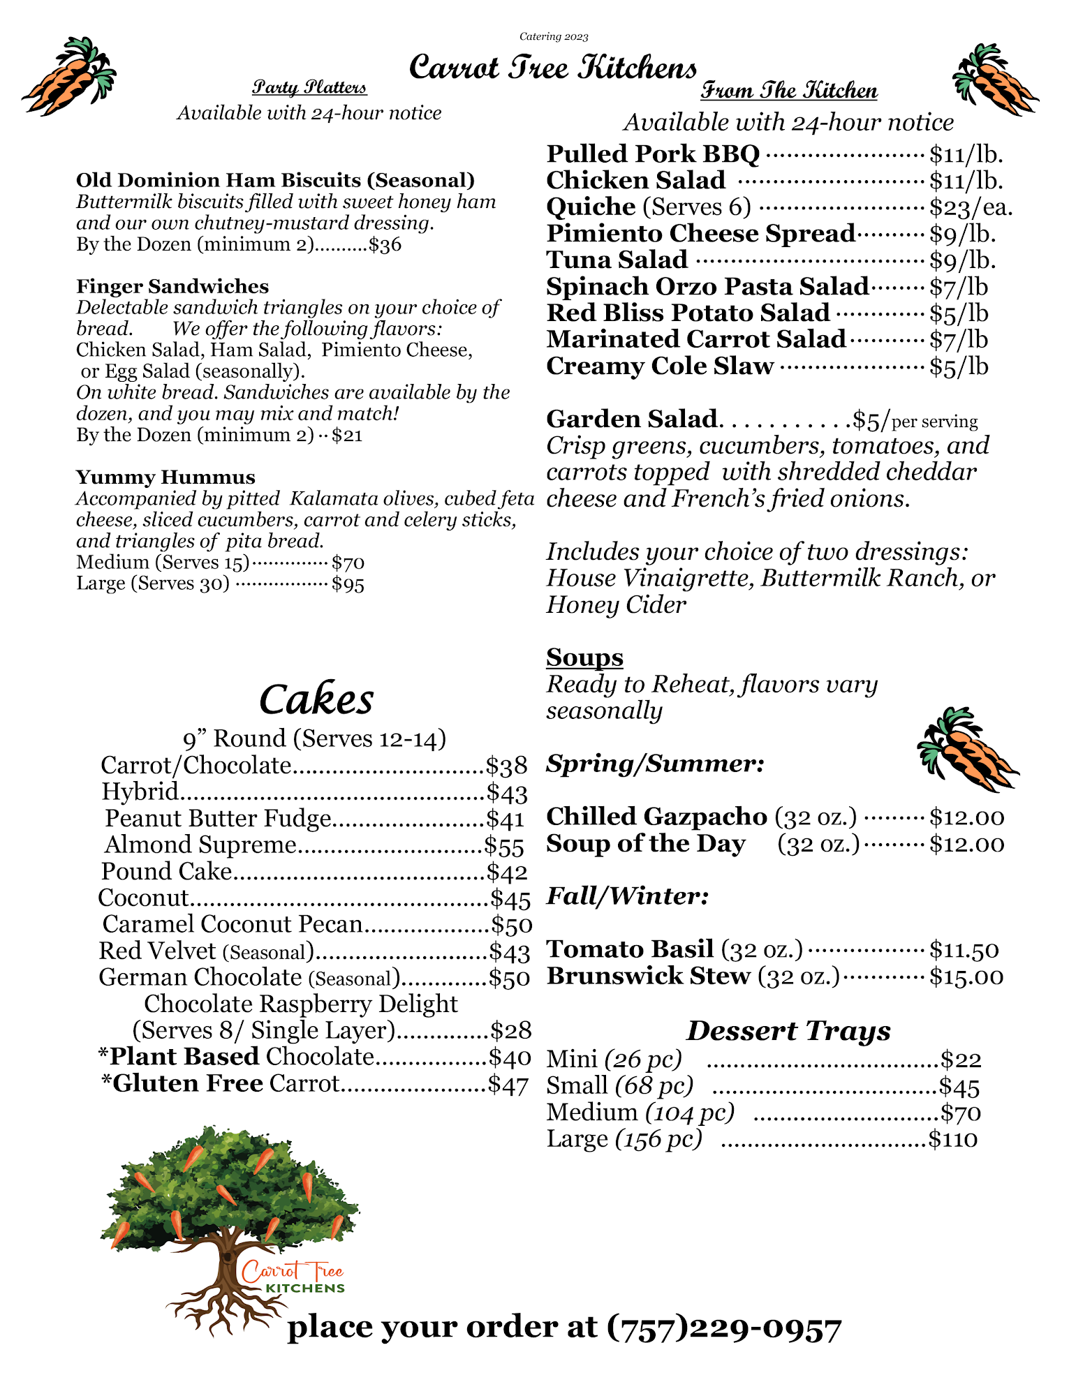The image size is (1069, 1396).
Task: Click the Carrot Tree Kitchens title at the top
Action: point(552,68)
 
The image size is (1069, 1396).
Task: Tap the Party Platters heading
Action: point(309,87)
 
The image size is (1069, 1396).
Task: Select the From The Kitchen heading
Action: point(789,91)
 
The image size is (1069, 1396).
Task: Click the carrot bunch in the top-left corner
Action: point(70,77)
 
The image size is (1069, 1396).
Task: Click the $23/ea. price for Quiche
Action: point(971,207)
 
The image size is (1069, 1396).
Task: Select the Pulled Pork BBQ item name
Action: point(653,154)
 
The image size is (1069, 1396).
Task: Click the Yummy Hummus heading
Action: point(165,477)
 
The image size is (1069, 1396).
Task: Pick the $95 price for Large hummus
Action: point(348,584)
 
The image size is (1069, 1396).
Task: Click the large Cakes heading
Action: point(316,699)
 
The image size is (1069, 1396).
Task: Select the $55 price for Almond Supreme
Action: point(504,846)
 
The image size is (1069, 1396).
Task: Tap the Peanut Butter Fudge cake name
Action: point(218,819)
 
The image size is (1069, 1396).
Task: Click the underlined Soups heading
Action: point(584,658)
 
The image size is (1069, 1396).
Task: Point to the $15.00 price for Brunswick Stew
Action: point(966,977)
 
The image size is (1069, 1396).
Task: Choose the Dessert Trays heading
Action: point(788,1031)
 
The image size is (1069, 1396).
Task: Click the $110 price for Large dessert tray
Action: point(952,1140)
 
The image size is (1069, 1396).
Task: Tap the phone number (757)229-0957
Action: point(724,1328)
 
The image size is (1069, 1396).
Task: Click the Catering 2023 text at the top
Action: point(554,36)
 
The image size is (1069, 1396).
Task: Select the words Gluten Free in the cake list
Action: point(188,1083)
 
